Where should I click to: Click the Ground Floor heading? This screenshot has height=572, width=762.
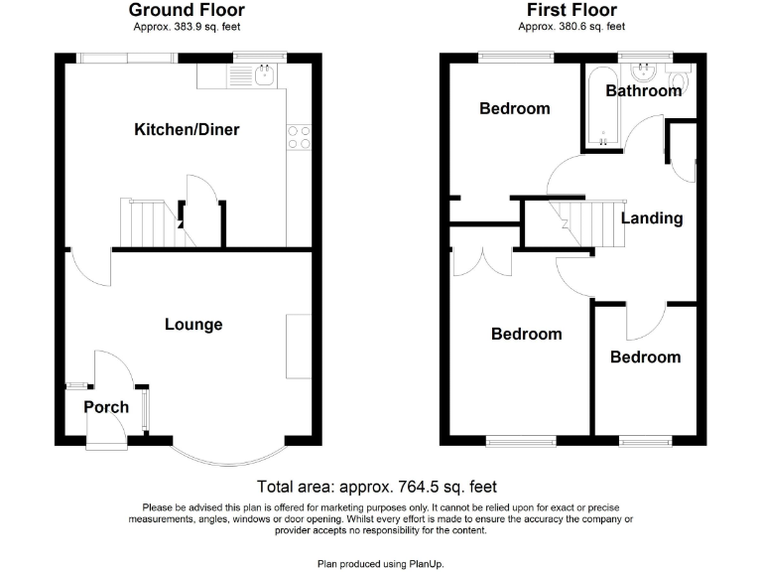pos(188,10)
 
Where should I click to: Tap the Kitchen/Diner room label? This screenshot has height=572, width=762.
pos(188,130)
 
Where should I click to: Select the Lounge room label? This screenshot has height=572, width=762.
pos(193,325)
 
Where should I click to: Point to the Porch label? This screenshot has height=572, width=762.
pos(106,407)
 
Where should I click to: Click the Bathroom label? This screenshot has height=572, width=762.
pos(644,91)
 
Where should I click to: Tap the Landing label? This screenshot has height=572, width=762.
pos(652,218)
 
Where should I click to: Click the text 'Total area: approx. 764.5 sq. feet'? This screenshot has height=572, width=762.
pos(377,487)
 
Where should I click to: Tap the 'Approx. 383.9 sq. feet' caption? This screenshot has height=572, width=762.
pos(188,26)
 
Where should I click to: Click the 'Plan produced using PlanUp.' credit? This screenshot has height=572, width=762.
pos(381,563)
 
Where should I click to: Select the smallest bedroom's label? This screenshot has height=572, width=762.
pos(645,357)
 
